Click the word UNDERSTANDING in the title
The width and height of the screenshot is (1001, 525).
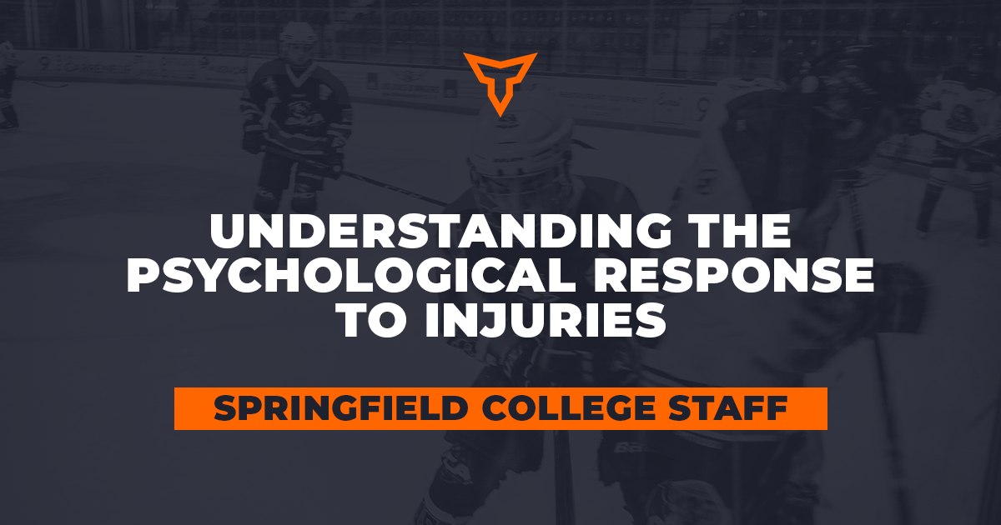coord(440,231)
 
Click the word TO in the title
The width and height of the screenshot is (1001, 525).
coord(374,320)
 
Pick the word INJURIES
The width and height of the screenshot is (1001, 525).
coord(546,320)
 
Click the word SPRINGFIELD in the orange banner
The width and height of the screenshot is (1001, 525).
coord(340,408)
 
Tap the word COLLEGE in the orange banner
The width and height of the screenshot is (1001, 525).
coord(568,408)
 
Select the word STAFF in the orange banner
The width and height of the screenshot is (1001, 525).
coord(728,408)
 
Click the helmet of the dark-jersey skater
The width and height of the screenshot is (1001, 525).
coord(299,35)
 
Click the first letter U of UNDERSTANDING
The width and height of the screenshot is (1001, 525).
coord(228,232)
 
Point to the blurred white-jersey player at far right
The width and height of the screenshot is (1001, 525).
coord(956,147)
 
